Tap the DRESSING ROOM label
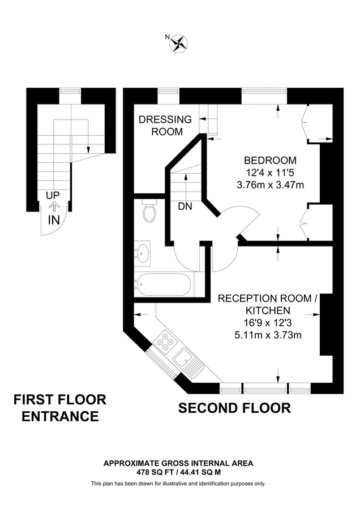click(165, 126)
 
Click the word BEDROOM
click(270, 160)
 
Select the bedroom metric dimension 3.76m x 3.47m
click(270, 184)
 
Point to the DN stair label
click(185, 207)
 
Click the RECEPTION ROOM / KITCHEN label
click(268, 304)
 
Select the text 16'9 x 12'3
click(268, 323)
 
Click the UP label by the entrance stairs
click(53, 196)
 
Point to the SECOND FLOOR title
click(234, 408)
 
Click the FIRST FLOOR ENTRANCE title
click(59, 408)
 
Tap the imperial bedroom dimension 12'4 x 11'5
click(270, 172)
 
